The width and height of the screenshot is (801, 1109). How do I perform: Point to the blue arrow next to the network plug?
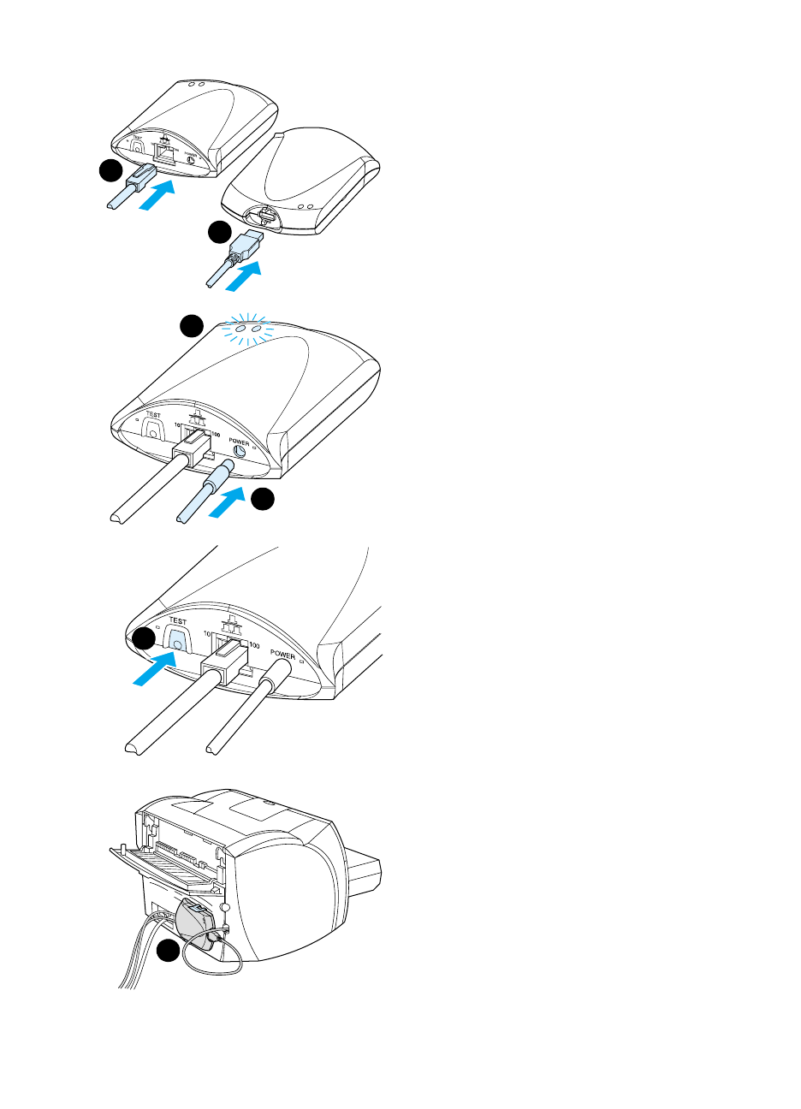[158, 199]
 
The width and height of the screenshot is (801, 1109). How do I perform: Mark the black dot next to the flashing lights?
[192, 324]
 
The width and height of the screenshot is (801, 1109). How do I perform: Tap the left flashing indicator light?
[240, 328]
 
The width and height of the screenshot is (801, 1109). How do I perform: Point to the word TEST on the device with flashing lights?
[153, 416]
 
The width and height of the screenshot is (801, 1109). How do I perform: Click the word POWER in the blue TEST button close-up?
[282, 655]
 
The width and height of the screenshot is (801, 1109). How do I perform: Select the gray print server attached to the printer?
[194, 922]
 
